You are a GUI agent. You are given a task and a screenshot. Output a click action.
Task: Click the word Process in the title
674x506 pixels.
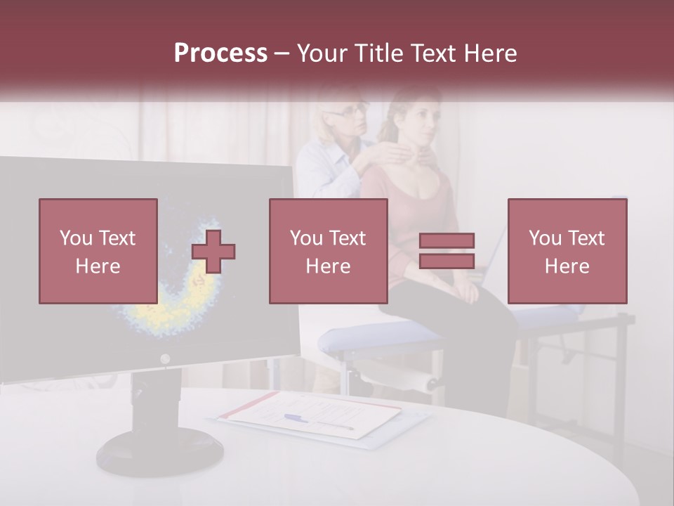220,53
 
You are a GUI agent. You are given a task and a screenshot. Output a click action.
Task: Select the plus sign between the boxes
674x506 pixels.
213,252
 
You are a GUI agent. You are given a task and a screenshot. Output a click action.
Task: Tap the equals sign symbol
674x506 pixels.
447,251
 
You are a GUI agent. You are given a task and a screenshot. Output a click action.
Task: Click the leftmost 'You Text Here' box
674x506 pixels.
98,251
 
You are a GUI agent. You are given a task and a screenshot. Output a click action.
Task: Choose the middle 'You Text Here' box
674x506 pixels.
328,251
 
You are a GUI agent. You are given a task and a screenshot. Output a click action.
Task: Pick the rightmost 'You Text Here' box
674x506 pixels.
567,251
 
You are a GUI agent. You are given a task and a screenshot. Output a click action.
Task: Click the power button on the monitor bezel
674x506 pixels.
165,359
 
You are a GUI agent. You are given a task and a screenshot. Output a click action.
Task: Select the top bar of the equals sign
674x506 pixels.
447,241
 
